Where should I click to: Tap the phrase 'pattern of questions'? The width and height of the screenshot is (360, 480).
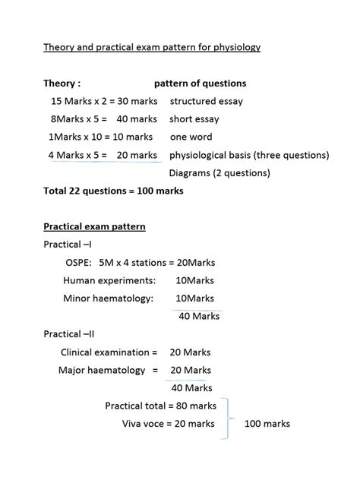tap(200, 84)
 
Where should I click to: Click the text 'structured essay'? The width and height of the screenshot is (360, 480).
tap(206, 101)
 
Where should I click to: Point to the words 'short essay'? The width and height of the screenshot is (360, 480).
tap(194, 119)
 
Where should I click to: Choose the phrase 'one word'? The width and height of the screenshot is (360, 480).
tap(190, 137)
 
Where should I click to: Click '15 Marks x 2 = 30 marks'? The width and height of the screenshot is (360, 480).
tap(104, 101)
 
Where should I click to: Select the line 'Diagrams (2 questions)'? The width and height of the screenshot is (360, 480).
tap(219, 173)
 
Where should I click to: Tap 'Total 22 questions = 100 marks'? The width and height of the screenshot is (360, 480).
tap(113, 191)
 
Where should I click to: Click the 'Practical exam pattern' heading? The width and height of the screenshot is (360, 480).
tap(94, 226)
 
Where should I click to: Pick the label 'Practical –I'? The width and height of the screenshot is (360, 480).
tap(68, 245)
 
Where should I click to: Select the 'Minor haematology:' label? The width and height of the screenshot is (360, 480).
tap(108, 298)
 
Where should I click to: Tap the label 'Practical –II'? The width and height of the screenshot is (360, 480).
tap(69, 333)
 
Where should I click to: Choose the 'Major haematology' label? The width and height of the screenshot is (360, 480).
tap(102, 370)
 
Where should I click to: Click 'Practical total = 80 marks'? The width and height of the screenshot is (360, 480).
tap(160, 406)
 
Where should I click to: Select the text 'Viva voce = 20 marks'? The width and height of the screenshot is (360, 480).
tap(168, 424)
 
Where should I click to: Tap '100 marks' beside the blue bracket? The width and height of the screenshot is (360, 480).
tap(267, 424)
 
